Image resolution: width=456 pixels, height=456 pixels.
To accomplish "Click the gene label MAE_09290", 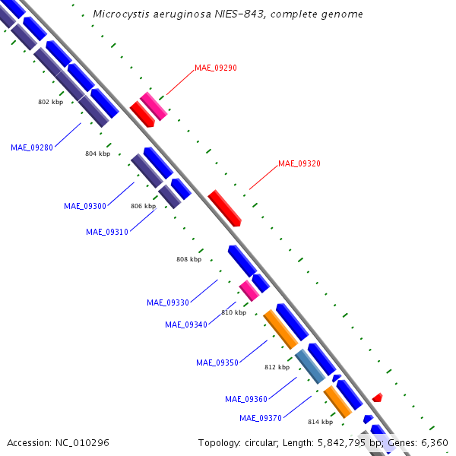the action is [x=216, y=68].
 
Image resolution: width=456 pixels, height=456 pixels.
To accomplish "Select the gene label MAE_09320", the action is [x=299, y=163].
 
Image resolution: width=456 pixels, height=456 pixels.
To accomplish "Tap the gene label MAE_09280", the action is [x=32, y=147].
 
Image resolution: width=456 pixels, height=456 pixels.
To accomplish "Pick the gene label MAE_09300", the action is [x=85, y=206].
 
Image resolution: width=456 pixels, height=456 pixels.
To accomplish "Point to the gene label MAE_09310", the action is [x=107, y=232].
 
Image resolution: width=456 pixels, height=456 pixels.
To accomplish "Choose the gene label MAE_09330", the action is [x=168, y=302].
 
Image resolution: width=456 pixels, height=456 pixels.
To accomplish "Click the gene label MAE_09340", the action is [x=186, y=325].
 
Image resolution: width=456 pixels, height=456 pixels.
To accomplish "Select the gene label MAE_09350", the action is [x=217, y=363].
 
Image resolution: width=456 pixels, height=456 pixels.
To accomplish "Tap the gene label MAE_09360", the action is [x=246, y=399].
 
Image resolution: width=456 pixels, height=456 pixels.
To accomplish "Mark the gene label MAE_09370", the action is [x=261, y=418].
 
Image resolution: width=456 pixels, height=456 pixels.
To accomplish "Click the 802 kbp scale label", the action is [x=51, y=101].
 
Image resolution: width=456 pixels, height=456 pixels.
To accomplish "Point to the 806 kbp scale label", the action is [x=143, y=206].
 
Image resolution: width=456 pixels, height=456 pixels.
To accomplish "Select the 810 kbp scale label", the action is [x=234, y=312].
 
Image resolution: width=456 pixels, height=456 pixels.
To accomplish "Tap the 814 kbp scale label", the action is [x=320, y=422].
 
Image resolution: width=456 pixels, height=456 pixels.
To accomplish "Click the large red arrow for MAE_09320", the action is [x=224, y=207].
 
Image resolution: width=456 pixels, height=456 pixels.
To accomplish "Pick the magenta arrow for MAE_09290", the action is [x=154, y=106].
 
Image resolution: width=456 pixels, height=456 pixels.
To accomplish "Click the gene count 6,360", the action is [x=435, y=442].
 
